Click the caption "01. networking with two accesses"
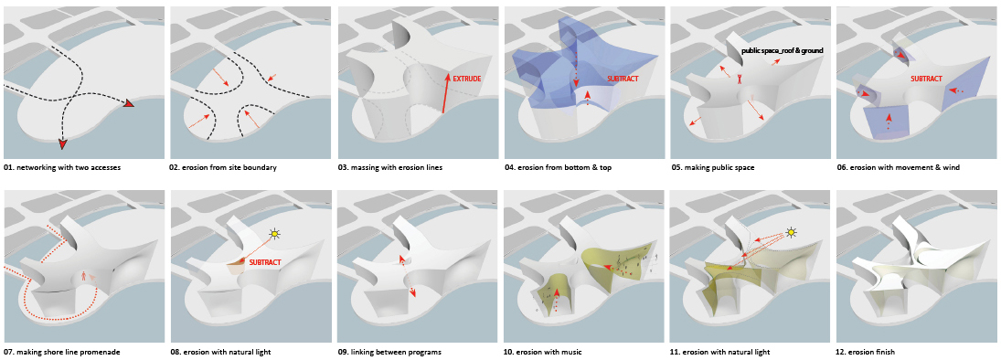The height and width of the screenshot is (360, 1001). pyautogui.click(x=62, y=168)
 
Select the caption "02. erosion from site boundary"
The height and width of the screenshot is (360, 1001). pyautogui.click(x=223, y=168)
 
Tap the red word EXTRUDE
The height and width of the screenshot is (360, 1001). pyautogui.click(x=466, y=79)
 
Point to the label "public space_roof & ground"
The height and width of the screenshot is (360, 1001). pyautogui.click(x=782, y=49)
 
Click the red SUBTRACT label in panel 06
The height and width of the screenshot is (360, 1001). pyautogui.click(x=926, y=79)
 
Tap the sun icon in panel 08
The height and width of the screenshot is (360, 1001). pyautogui.click(x=275, y=234)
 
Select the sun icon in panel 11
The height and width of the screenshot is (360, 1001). pyautogui.click(x=793, y=231)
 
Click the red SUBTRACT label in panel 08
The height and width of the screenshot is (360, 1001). pyautogui.click(x=264, y=261)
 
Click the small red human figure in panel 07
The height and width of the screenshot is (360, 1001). pyautogui.click(x=86, y=276)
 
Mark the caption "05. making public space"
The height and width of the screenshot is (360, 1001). pyautogui.click(x=712, y=168)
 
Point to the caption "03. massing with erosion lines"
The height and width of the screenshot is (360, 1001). pyautogui.click(x=390, y=168)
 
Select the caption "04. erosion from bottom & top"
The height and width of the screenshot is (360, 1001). pyautogui.click(x=558, y=168)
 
